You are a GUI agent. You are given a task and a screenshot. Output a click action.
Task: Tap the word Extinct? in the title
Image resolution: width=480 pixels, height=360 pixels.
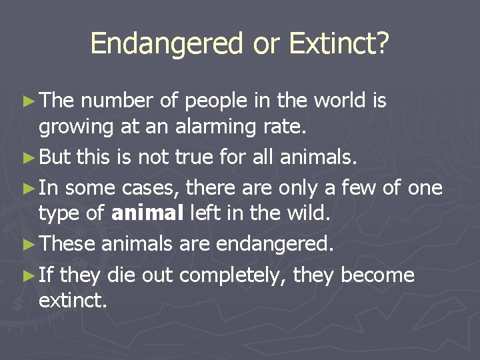pos(339,45)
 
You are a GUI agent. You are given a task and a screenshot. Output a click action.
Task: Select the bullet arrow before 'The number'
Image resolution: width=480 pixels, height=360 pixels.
pos(29,101)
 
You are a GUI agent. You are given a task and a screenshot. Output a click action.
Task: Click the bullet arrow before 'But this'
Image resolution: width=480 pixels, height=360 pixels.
pos(29,157)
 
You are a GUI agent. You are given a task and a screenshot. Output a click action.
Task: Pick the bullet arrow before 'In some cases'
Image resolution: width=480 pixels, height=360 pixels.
pos(29,188)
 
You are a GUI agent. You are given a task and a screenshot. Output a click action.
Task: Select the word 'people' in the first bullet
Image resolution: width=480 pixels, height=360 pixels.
pos(215,101)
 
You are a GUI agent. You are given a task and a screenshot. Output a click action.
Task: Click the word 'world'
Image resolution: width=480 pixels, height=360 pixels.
pos(337,101)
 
